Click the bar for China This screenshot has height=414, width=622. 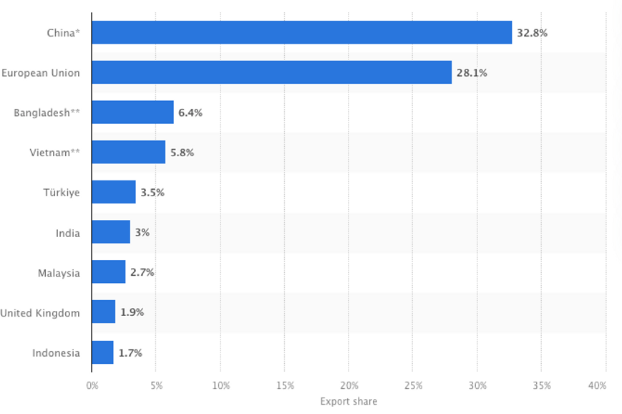301,32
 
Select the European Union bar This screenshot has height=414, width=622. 271,72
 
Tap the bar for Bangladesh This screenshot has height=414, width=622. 132,112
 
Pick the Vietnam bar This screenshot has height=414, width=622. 128,153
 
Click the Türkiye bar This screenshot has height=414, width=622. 114,192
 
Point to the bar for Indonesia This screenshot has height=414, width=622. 102,352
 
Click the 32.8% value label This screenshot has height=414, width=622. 532,32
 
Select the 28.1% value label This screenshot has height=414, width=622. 472,72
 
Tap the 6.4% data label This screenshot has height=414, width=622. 190,112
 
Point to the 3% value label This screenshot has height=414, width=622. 142,233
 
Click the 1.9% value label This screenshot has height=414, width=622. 132,313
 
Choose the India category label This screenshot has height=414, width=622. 68,233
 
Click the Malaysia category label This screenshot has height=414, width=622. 59,273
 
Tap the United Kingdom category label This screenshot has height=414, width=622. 40,313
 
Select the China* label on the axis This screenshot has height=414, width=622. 63,32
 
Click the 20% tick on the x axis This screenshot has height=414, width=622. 349,386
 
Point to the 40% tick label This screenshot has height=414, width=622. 596,386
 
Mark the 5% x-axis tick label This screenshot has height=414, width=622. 156,386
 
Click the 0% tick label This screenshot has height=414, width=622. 92,386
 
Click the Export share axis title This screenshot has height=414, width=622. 349,401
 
